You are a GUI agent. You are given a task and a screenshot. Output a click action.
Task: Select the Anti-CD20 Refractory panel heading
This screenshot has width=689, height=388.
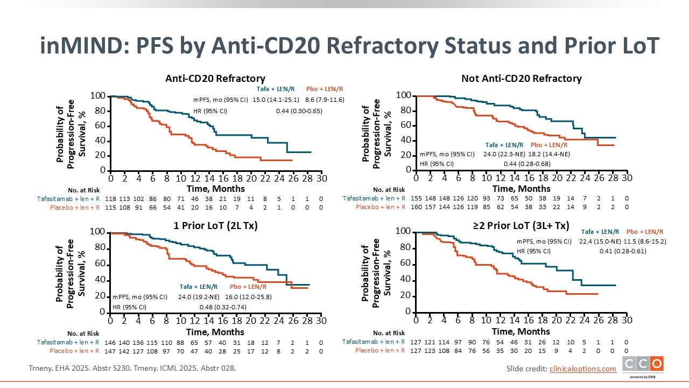(x=215, y=79)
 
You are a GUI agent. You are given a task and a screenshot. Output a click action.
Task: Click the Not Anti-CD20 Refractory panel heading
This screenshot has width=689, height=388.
(x=521, y=79)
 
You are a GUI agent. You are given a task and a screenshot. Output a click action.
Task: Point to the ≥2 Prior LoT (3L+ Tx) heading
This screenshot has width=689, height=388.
(x=521, y=225)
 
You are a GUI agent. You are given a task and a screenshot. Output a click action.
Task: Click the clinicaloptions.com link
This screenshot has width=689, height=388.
(x=582, y=369)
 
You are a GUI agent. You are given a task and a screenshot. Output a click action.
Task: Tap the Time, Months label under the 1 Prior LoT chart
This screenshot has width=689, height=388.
(x=215, y=331)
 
